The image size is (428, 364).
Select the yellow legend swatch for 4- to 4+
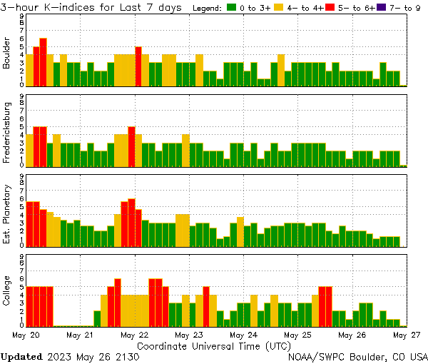(x=279, y=7)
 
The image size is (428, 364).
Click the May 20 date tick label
(x=26, y=334)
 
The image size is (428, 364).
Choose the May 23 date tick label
(x=189, y=334)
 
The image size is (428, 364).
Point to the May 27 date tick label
(x=407, y=334)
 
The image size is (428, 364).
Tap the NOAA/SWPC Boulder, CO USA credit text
(x=358, y=356)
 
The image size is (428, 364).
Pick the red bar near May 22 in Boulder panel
(x=138, y=66)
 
